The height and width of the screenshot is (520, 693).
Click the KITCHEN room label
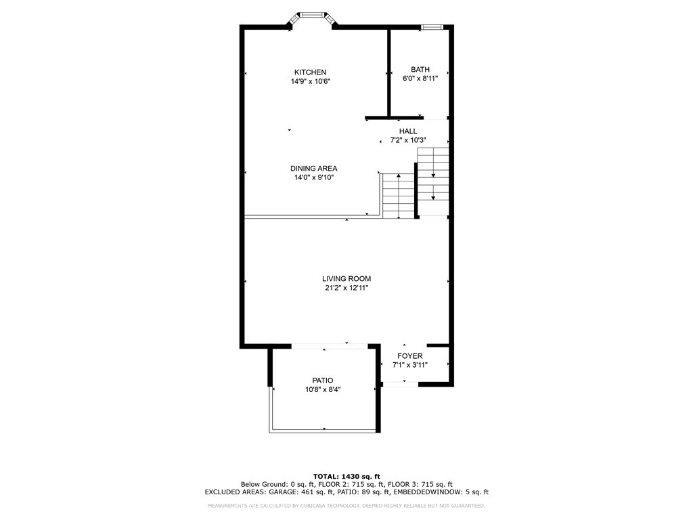tap(310, 72)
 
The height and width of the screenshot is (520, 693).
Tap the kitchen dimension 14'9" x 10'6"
tap(310, 81)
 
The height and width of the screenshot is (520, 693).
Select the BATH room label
tap(420, 70)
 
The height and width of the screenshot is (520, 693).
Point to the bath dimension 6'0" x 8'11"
tap(420, 79)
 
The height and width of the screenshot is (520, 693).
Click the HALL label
tap(407, 131)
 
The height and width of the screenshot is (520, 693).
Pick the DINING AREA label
tap(313, 169)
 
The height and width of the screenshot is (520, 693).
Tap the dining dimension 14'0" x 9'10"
tap(313, 177)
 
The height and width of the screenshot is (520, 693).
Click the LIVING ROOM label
tap(346, 279)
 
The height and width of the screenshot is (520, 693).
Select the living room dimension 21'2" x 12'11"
tap(346, 288)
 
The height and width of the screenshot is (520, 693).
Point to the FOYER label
tap(409, 356)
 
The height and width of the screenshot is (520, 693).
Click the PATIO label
tap(322, 381)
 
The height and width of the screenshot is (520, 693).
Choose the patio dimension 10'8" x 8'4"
tap(322, 389)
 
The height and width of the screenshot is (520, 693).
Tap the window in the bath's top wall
tap(432, 27)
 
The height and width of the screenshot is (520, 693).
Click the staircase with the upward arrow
tap(398, 196)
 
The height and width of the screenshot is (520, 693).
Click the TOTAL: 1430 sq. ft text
tap(346, 476)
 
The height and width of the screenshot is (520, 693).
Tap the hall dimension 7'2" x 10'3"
tap(407, 141)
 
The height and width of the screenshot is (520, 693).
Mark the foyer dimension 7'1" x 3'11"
tap(409, 365)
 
